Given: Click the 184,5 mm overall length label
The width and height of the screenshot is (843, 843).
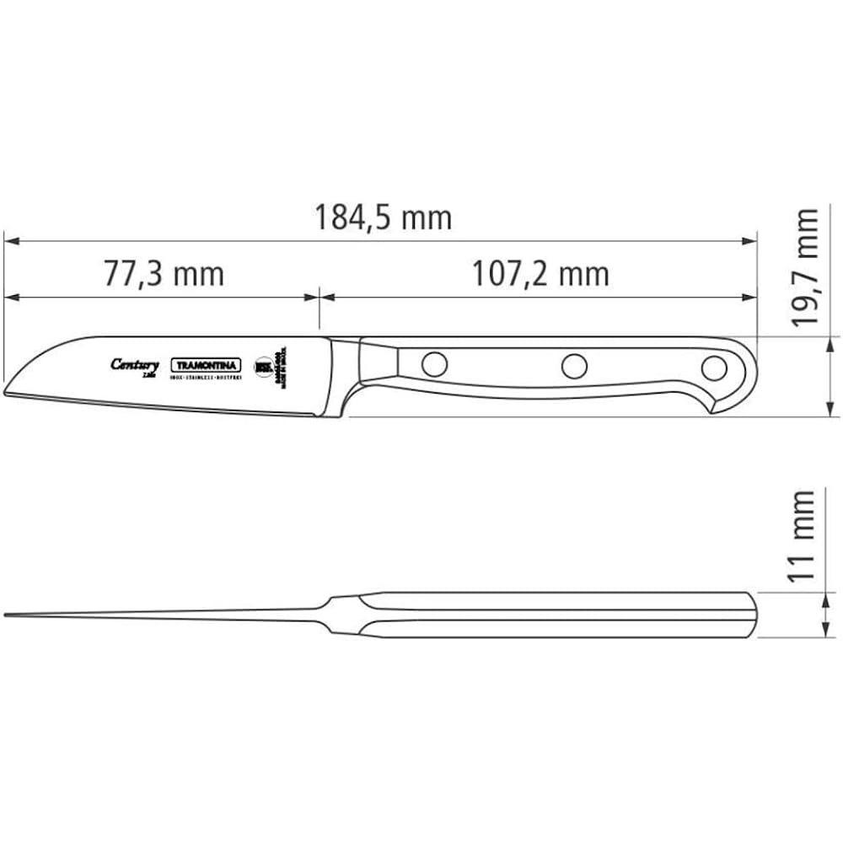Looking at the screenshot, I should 384,217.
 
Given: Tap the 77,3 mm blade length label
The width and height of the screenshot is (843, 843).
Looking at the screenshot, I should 164,273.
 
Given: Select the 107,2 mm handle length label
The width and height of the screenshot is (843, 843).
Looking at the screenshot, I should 540,273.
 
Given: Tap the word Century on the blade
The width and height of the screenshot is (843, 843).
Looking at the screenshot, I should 134,364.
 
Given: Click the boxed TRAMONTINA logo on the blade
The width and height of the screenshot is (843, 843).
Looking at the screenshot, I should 207,366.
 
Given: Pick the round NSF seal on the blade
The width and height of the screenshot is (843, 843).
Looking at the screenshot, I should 263,367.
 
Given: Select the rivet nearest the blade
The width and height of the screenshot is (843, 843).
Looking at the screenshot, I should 434,364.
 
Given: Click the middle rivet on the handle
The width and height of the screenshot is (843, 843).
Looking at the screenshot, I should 574,366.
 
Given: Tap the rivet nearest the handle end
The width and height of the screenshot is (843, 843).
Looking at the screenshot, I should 714,368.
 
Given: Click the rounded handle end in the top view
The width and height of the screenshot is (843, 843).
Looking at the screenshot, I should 750,615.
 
